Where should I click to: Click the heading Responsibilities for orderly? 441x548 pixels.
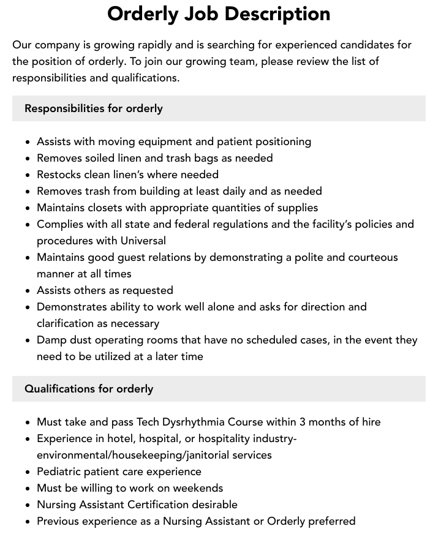(x=94, y=108)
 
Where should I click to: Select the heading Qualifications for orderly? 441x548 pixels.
(x=89, y=389)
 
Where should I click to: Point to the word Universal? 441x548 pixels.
(x=143, y=241)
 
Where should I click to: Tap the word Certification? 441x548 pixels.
(x=167, y=505)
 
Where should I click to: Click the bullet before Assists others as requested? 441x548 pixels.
(x=28, y=291)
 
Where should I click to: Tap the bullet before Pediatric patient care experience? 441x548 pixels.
(x=28, y=472)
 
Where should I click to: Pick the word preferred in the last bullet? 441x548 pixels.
(x=331, y=521)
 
